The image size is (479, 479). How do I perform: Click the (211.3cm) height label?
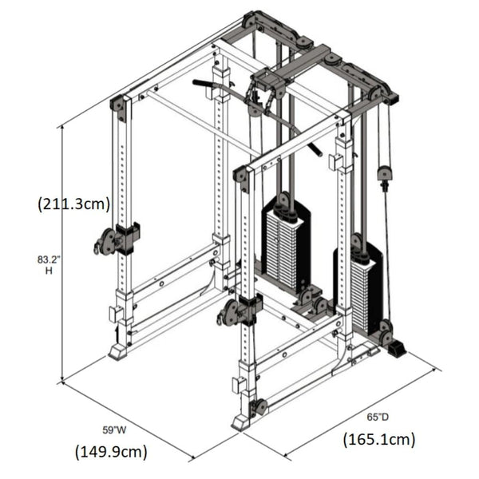[x=74, y=204]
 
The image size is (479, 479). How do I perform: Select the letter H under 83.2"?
[x=48, y=271]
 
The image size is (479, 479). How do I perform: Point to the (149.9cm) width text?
[x=112, y=452]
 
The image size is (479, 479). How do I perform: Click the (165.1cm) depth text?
[x=379, y=438]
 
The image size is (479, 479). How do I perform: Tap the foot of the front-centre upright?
[x=240, y=421]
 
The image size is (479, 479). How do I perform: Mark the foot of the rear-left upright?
[x=117, y=351]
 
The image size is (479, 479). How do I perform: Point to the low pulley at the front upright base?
[x=259, y=407]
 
